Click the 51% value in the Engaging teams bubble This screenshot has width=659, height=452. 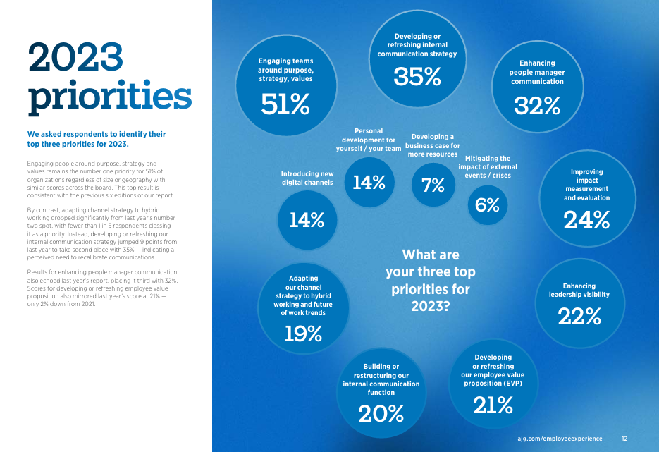tap(285, 104)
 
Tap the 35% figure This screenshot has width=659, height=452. tap(417, 77)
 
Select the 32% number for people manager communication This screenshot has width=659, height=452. tap(537, 106)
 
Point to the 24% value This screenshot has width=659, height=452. tap(586, 220)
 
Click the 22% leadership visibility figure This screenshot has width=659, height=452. tap(579, 316)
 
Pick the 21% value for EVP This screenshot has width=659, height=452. tap(493, 405)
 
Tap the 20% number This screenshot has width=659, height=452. tap(381, 414)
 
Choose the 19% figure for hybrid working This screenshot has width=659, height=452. tap(303, 334)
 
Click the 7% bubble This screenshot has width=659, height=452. tap(433, 185)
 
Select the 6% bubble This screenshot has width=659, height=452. tap(488, 205)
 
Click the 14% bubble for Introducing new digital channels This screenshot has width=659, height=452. tap(307, 220)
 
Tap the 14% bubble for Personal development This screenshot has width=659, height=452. tap(369, 182)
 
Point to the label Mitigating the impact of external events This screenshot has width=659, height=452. tap(488, 167)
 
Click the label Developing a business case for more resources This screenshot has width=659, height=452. tap(433, 145)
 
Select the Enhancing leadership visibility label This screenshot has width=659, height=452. tap(579, 290)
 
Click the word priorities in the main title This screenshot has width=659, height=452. tap(110, 97)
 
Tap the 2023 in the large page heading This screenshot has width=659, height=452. tap(75, 56)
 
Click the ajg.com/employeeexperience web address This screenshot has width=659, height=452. tap(560, 439)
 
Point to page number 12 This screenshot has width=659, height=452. tap(624, 439)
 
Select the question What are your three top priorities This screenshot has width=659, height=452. tap(431, 281)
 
